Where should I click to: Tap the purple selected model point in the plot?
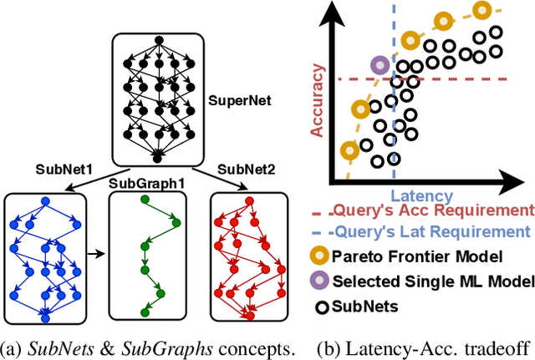[380, 63]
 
